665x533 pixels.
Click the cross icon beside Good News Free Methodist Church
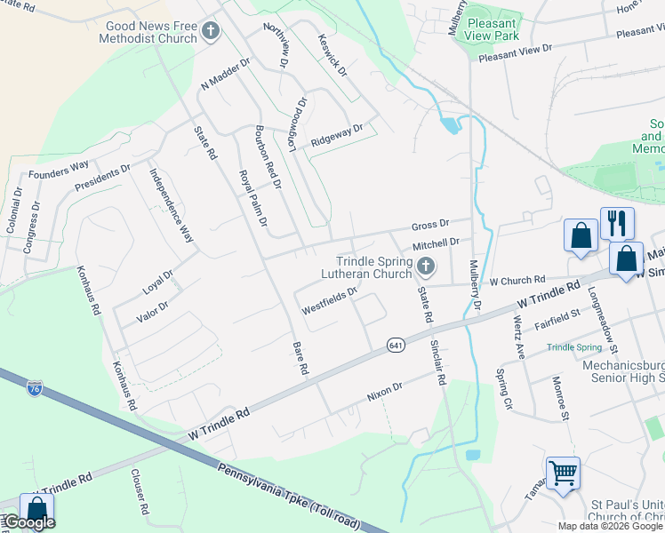tap(211, 33)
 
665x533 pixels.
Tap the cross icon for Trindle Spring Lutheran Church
tap(427, 266)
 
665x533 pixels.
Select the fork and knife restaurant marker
tap(616, 223)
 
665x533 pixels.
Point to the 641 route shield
tap(396, 344)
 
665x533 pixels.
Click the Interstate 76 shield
tap(35, 388)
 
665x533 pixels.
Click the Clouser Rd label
tap(140, 494)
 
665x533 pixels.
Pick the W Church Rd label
tap(517, 280)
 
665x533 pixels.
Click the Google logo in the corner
tap(29, 522)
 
